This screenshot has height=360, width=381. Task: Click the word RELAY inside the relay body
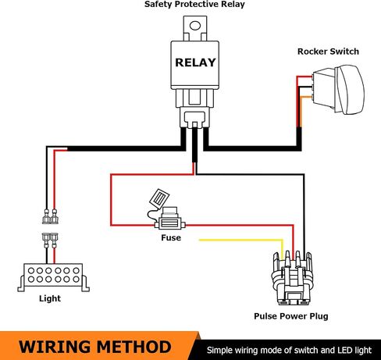pyautogui.click(x=195, y=62)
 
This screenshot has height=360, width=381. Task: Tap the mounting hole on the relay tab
pyautogui.click(x=195, y=26)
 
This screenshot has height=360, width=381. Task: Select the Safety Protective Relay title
pyautogui.click(x=194, y=5)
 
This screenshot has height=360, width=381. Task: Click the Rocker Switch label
pyautogui.click(x=328, y=52)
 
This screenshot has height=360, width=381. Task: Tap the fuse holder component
pyautogui.click(x=169, y=219)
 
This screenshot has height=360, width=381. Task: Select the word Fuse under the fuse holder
pyautogui.click(x=171, y=237)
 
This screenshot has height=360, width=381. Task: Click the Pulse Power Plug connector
pyautogui.click(x=291, y=278)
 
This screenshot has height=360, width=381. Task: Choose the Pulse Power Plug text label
pyautogui.click(x=291, y=316)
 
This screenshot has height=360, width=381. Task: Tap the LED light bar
pyautogui.click(x=53, y=277)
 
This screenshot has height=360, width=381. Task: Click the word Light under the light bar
pyautogui.click(x=50, y=298)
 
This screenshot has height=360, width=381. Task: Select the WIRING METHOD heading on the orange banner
pyautogui.click(x=95, y=347)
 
